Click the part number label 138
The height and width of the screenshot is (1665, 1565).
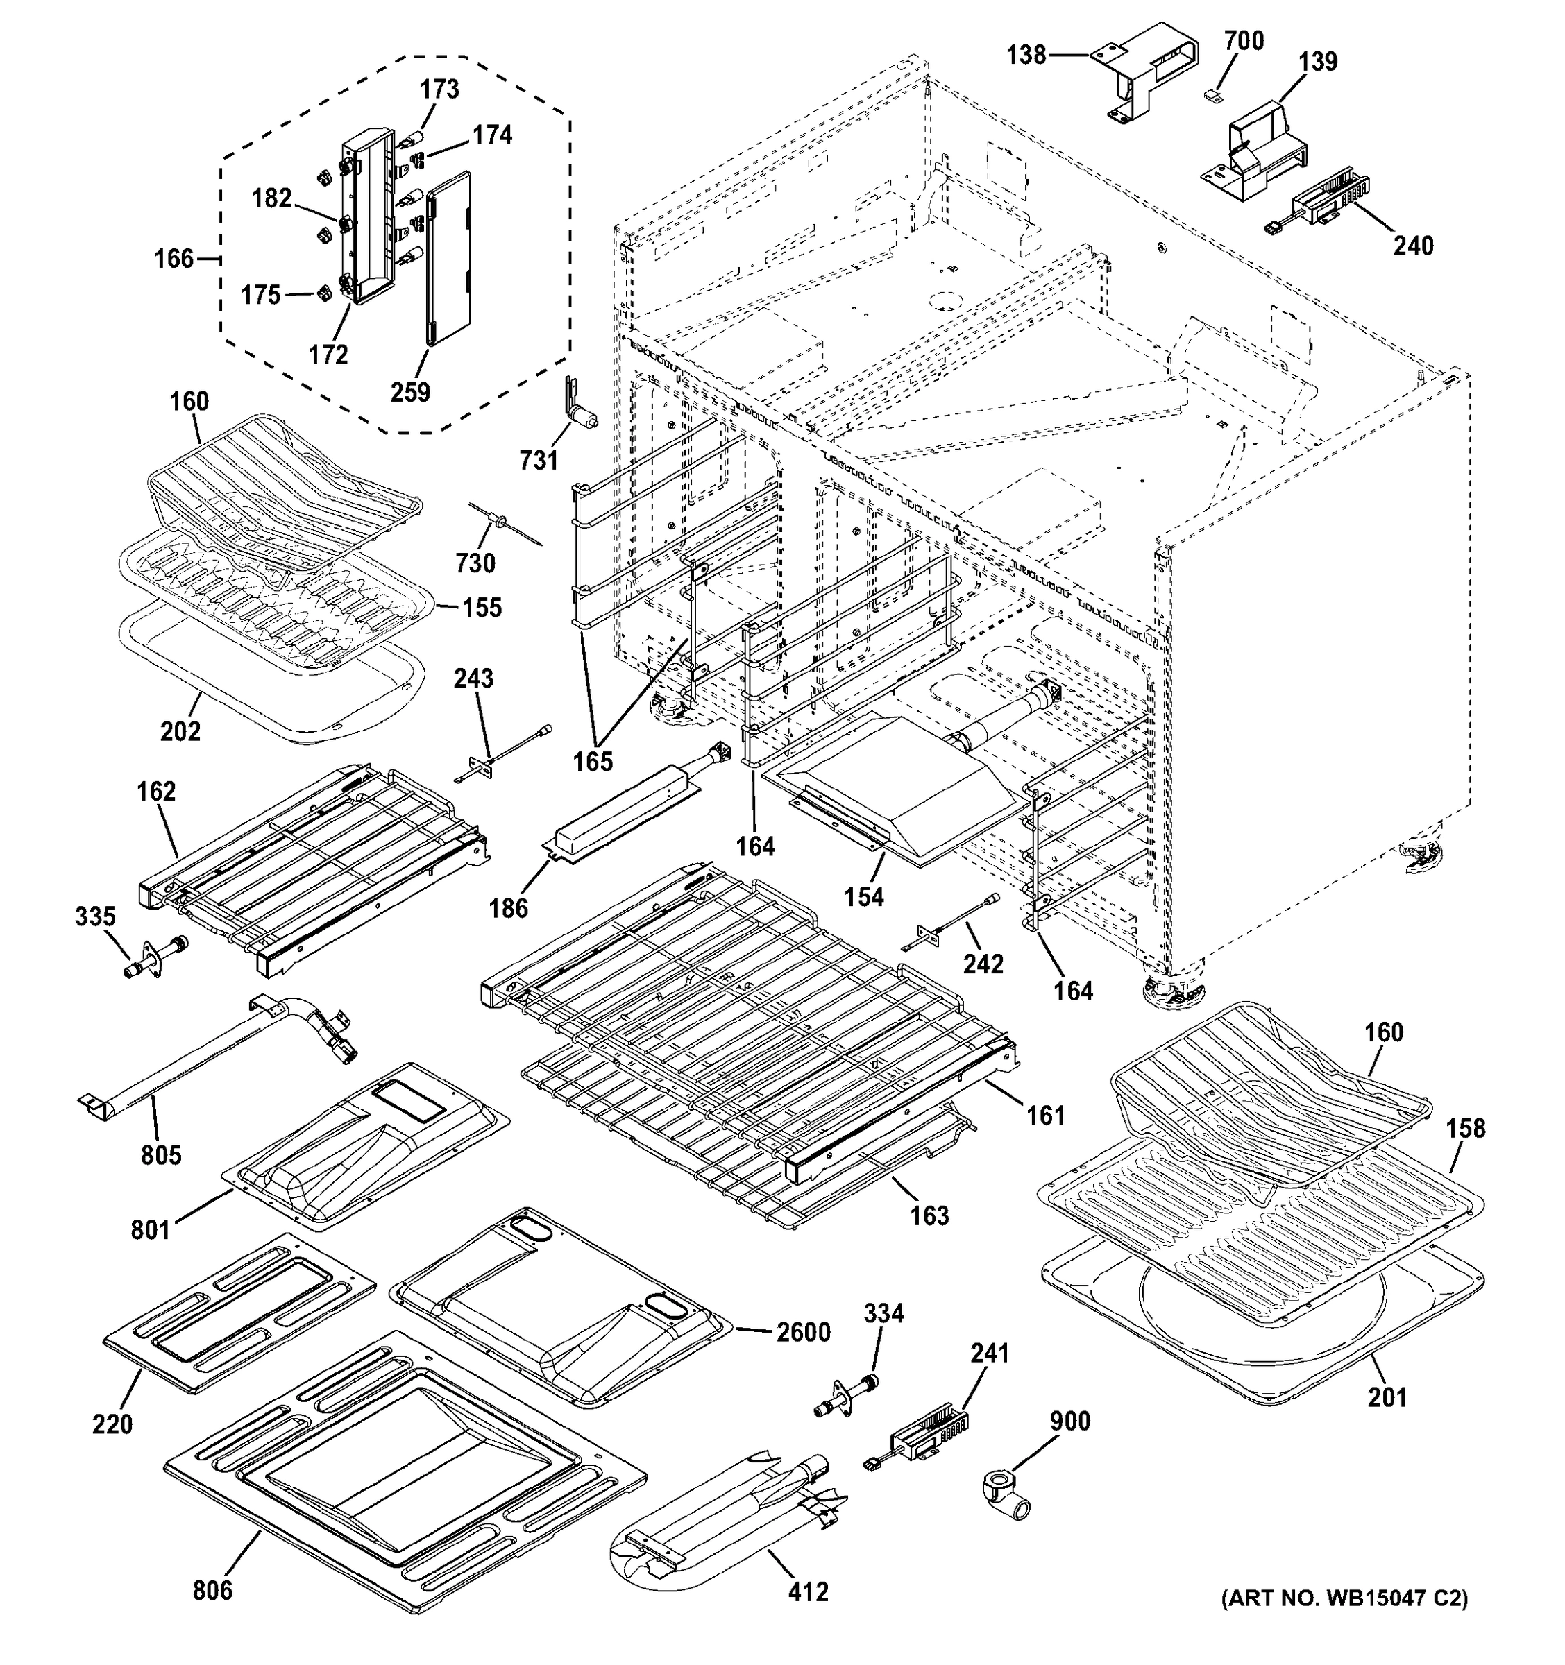1026,55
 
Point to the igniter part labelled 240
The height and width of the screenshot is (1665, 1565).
1319,205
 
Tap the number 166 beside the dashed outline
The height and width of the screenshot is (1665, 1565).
174,259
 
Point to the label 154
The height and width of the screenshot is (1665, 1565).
864,897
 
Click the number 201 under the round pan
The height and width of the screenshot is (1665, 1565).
1387,1397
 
